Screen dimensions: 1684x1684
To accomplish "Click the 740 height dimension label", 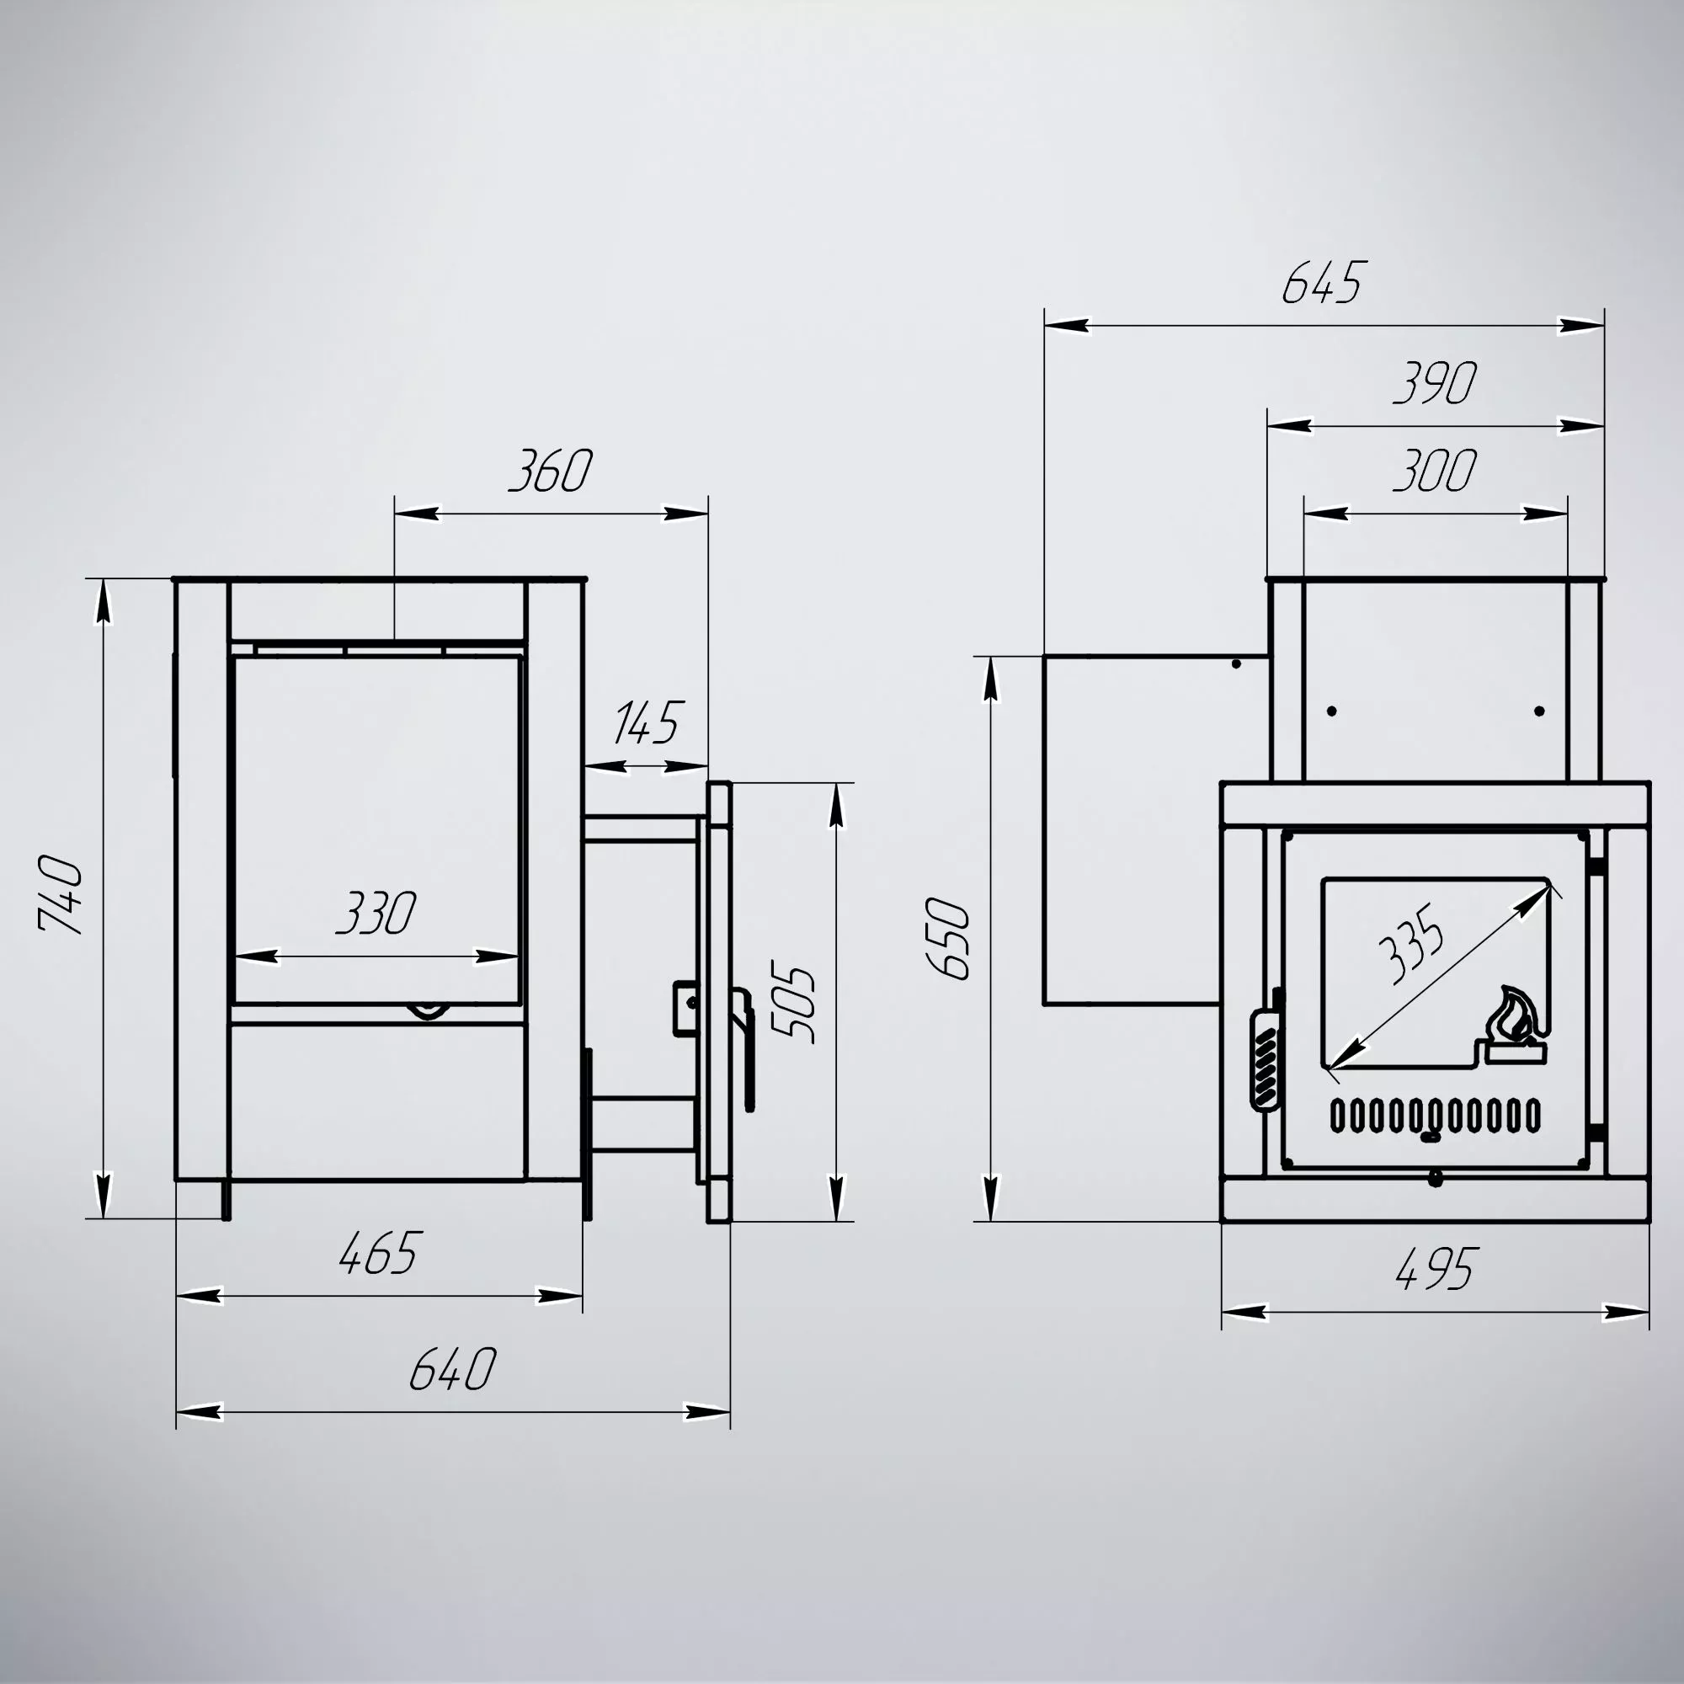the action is coord(61,894).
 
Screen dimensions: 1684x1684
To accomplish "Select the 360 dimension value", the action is coord(551,471).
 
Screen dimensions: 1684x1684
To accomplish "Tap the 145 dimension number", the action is coord(646,722).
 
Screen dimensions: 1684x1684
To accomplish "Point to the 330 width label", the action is coord(376,913).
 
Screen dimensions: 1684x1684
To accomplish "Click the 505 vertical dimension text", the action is coord(794,1004).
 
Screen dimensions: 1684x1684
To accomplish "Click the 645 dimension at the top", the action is coord(1322,281).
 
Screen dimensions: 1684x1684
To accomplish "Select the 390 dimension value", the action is coord(1436,382).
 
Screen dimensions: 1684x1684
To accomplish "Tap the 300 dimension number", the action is coord(1435,471).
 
